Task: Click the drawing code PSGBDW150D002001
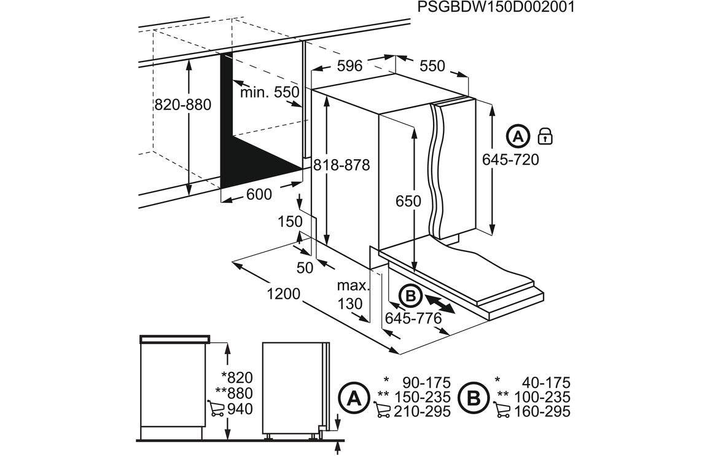pyautogui.click(x=496, y=7)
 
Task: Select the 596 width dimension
pyautogui.click(x=349, y=66)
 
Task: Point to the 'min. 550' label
pyautogui.click(x=269, y=92)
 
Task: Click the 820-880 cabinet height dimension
pyautogui.click(x=182, y=104)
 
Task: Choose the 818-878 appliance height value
pyautogui.click(x=341, y=165)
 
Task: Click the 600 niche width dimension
pyautogui.click(x=259, y=194)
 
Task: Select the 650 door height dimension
pyautogui.click(x=408, y=201)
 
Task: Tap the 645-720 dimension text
pyautogui.click(x=510, y=160)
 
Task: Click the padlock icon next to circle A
pyautogui.click(x=545, y=136)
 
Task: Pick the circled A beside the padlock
pyautogui.click(x=518, y=136)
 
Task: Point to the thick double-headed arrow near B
pyautogui.click(x=439, y=304)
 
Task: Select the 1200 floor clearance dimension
pyautogui.click(x=284, y=294)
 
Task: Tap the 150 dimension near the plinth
pyautogui.click(x=291, y=222)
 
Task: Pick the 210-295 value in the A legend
pyautogui.click(x=423, y=411)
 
